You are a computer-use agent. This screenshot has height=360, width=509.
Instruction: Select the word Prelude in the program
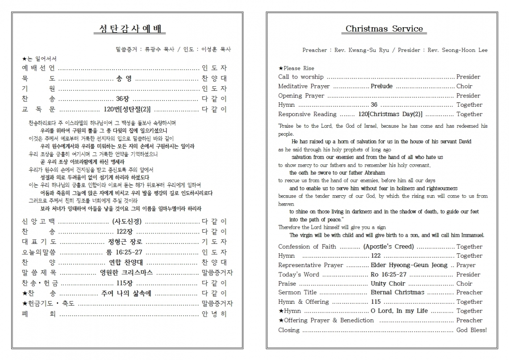click(381, 86)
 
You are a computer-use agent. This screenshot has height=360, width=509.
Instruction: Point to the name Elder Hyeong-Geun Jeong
click(409, 265)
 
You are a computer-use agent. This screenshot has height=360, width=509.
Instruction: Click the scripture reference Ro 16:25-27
click(388, 274)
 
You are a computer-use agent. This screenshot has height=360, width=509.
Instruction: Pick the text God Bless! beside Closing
click(471, 330)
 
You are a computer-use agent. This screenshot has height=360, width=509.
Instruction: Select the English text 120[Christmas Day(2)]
click(389, 114)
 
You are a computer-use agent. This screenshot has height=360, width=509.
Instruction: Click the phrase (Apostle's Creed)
click(388, 247)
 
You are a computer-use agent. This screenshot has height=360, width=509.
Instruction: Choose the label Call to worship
click(301, 77)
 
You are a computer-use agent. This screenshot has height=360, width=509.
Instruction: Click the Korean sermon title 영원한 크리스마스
click(126, 272)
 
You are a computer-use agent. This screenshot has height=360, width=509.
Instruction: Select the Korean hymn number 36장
click(122, 99)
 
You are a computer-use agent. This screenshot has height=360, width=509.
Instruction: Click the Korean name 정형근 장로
click(125, 242)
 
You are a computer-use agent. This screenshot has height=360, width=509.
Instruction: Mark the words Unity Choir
click(388, 284)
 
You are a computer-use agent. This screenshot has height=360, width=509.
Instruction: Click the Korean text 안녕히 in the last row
click(214, 314)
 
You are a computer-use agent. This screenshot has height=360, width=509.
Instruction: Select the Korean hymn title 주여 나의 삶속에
click(127, 293)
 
